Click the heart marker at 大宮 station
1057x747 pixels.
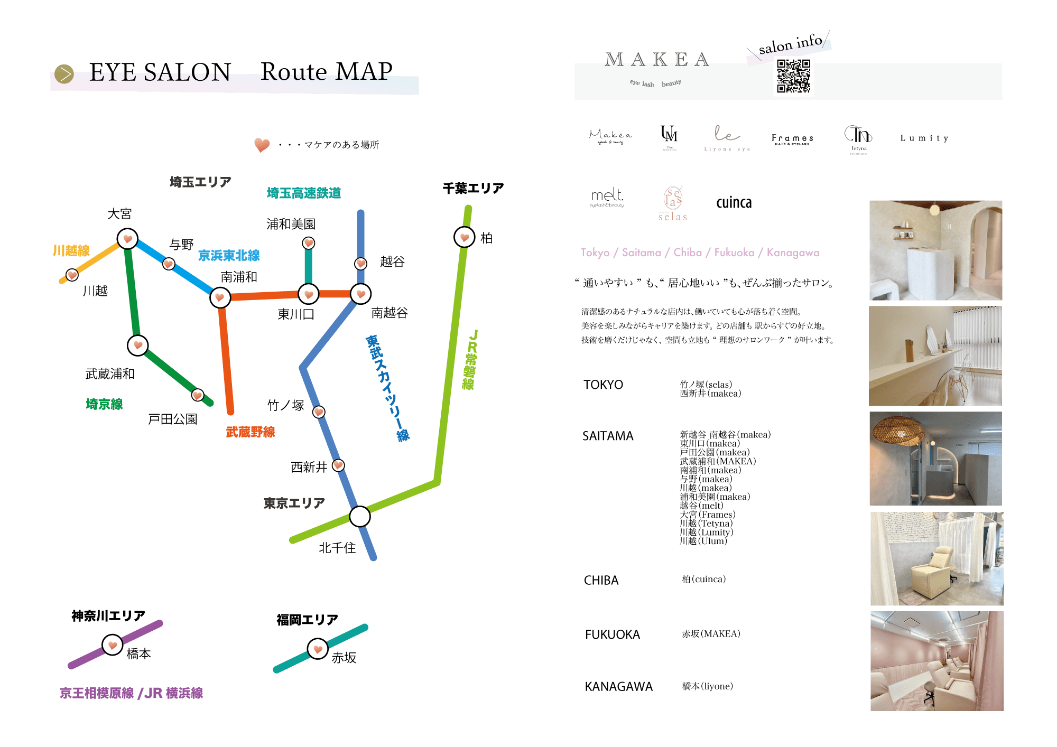click(127, 239)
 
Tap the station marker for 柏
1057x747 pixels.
click(465, 237)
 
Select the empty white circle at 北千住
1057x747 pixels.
click(360, 516)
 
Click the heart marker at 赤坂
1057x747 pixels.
click(318, 649)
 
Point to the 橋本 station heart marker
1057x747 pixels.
click(113, 645)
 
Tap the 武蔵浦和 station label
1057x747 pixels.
click(110, 374)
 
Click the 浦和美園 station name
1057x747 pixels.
click(291, 224)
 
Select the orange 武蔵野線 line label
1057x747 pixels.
click(251, 432)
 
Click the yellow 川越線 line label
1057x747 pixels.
click(71, 250)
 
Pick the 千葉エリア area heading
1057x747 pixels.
click(473, 188)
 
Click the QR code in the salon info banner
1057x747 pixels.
click(793, 76)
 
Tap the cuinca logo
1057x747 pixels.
click(734, 203)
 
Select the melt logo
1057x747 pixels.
click(607, 197)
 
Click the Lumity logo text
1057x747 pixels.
click(924, 138)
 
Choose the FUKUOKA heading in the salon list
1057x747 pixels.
click(613, 634)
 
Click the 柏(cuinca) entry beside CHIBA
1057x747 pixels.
click(703, 580)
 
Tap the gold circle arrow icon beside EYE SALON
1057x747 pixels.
click(64, 74)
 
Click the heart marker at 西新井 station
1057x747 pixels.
click(338, 465)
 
